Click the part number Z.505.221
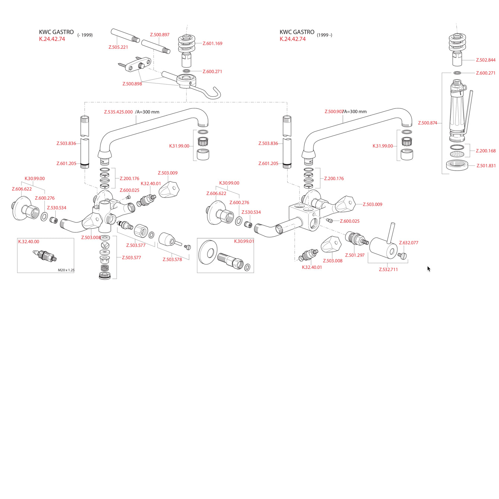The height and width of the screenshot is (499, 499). click(118, 47)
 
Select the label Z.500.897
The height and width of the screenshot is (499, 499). click(160, 35)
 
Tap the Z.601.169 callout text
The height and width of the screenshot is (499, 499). click(212, 44)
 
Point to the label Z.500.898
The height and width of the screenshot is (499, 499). click(132, 84)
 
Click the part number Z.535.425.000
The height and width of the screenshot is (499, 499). click(118, 112)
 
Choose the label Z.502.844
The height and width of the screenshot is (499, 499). click(486, 60)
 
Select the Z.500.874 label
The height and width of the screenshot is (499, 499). click(428, 123)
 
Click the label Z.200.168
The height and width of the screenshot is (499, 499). click(486, 151)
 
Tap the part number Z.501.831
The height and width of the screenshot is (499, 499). click(486, 166)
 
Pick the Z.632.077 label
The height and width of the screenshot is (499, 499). click(409, 243)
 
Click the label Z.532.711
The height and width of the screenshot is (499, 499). click(388, 269)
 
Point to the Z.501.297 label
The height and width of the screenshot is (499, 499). click(355, 255)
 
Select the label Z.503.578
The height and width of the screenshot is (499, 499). click(172, 259)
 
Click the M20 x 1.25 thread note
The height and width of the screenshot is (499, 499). click(66, 270)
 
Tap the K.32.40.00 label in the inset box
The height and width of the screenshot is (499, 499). click(29, 242)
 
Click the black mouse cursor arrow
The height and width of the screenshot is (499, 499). click(429, 268)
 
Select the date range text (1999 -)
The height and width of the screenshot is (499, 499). click(324, 35)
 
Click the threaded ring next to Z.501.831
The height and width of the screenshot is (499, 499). click(457, 165)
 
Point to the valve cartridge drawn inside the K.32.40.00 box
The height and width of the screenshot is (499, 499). click(45, 255)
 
